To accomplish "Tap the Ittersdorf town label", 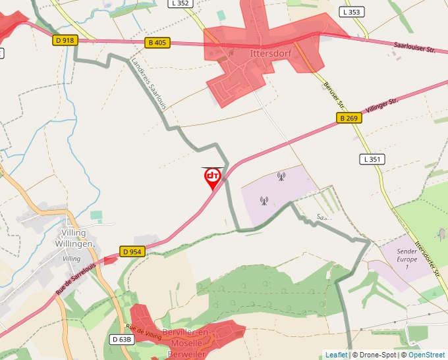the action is click(270, 52).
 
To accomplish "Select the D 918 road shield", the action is click(65, 40).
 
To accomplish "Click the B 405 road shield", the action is click(157, 43).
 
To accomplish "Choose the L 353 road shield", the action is click(352, 12).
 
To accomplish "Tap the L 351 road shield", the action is click(372, 159).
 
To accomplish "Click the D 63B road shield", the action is click(122, 340).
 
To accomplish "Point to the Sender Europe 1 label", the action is click(407, 259).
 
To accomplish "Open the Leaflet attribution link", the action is click(337, 355).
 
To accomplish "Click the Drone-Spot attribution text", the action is click(378, 355).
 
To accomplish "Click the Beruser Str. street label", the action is click(334, 95).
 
